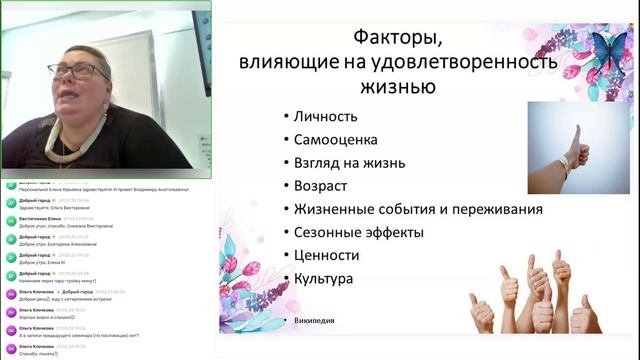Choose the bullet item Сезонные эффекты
pos(359,232)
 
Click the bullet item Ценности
pos(326,255)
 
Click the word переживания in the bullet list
pos(492,209)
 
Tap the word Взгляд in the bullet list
pos(319,162)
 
